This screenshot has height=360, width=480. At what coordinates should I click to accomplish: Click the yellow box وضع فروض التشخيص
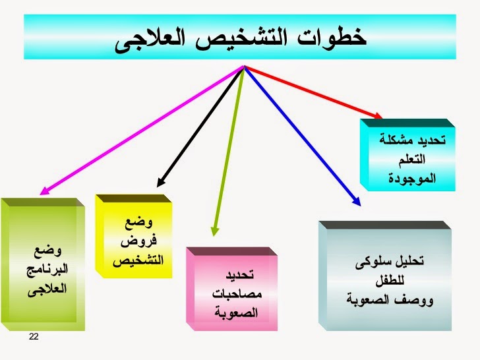pos(135,237)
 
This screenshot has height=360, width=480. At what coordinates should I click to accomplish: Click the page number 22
pos(34,338)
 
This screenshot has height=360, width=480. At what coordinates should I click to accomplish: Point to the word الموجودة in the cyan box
pos(413,179)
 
